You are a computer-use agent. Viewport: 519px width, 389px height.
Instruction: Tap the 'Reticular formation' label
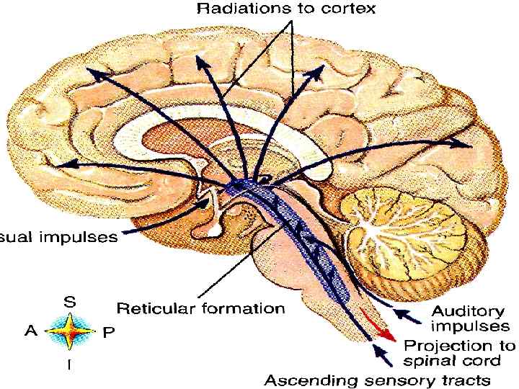[200, 309]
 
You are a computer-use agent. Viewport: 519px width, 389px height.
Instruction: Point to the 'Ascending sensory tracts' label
[378, 379]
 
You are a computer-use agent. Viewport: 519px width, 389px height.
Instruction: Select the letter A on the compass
[30, 331]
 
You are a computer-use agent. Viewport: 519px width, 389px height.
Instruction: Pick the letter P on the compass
[108, 332]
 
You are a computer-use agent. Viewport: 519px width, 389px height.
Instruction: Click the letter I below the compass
[69, 365]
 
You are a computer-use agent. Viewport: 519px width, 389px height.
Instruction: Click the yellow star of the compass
[70, 332]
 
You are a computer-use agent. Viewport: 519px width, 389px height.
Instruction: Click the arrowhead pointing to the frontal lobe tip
[63, 165]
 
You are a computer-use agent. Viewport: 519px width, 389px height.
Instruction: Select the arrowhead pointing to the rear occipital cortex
[465, 144]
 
